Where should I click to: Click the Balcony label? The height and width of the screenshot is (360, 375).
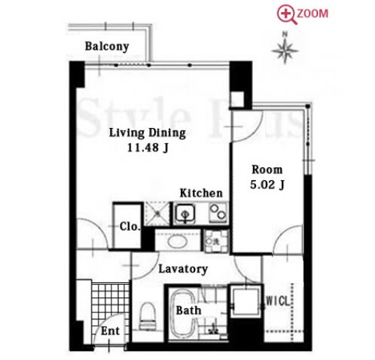click(x=107, y=47)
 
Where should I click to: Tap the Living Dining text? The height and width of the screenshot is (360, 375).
click(x=148, y=133)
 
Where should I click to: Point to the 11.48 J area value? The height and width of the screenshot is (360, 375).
click(x=148, y=148)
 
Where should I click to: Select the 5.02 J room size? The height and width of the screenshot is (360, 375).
click(x=267, y=185)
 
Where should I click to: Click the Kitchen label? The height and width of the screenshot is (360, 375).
click(x=201, y=193)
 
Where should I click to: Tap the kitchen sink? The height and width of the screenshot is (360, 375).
click(x=185, y=214)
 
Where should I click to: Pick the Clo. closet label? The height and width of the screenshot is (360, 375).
click(x=130, y=227)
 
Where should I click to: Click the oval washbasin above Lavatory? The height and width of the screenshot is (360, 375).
click(x=178, y=242)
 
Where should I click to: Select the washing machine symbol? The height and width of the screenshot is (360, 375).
click(x=216, y=241)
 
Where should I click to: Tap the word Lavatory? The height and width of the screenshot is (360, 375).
click(x=183, y=269)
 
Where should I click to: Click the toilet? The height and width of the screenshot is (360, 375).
click(x=148, y=316)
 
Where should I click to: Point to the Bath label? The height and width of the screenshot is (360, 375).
click(x=188, y=310)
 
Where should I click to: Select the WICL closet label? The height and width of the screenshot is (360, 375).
click(x=278, y=301)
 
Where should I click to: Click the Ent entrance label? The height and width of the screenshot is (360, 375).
click(x=110, y=331)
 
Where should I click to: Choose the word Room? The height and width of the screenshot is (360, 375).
click(x=267, y=170)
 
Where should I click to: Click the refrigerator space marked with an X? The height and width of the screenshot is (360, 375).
click(x=157, y=214)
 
